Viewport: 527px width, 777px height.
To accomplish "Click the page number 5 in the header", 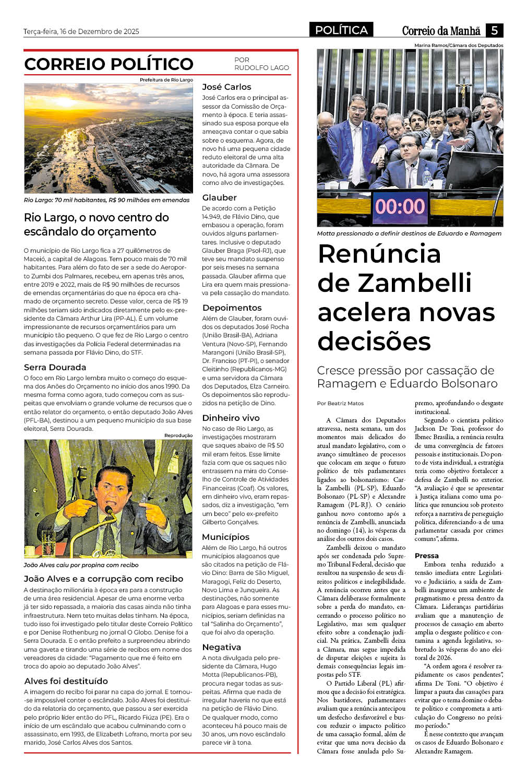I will tap(494, 30).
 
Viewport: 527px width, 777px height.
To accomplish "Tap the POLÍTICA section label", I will tap(341, 30).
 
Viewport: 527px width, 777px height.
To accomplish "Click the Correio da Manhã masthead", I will tap(441, 31).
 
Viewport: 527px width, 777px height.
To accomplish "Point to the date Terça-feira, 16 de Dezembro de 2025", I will tap(81, 31).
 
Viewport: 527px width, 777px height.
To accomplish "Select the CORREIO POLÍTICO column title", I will tap(109, 64).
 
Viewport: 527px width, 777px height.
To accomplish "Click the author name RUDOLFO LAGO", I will tap(261, 68).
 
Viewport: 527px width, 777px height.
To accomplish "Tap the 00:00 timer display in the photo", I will tap(400, 206).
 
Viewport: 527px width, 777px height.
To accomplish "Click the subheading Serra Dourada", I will tap(55, 367).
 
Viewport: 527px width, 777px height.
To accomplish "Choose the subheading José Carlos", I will tap(226, 87).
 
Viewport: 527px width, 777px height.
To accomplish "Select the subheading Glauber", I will tap(219, 197).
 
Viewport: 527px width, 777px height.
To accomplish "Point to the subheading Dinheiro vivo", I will tap(231, 418).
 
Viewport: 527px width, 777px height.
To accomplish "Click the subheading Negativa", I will tap(221, 647).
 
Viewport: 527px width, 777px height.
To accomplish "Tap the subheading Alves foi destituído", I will tap(66, 681).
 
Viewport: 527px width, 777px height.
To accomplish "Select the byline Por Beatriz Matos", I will tap(340, 403).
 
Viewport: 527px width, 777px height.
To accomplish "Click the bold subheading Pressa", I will tap(426, 556).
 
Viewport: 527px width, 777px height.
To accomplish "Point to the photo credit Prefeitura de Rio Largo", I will tap(166, 80).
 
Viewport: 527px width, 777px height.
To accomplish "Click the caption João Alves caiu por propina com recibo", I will tap(81, 565).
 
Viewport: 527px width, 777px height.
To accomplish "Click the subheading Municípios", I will tap(225, 537).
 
